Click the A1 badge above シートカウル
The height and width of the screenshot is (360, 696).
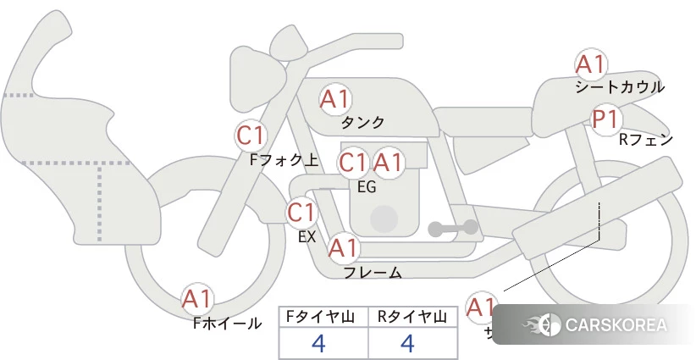tap(590, 64)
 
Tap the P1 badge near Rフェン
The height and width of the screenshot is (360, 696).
tap(605, 119)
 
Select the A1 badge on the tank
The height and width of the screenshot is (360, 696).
tap(334, 99)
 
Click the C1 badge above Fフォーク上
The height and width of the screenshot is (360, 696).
tap(251, 135)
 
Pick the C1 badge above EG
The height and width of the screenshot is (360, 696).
tap(353, 162)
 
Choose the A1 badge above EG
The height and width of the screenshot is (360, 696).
tap(389, 162)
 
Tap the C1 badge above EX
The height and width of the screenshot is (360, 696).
tap(301, 212)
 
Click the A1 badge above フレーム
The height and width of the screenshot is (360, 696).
tap(344, 248)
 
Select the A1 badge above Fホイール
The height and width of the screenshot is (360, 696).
tap(197, 299)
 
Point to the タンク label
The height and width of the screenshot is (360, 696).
tap(363, 122)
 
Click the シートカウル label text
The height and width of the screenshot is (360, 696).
tap(620, 87)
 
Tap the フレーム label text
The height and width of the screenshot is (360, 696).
tap(373, 273)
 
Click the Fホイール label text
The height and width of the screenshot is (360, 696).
tap(228, 323)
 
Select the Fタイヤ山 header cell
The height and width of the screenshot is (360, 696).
tap(323, 317)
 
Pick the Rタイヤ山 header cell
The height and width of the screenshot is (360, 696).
tap(412, 317)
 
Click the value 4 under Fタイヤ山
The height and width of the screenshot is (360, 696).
tap(319, 343)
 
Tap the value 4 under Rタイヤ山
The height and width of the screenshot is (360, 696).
tap(407, 343)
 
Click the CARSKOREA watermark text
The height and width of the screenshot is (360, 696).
tap(616, 325)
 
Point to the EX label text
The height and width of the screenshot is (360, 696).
tap(307, 237)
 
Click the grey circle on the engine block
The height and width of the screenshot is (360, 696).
tap(384, 219)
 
